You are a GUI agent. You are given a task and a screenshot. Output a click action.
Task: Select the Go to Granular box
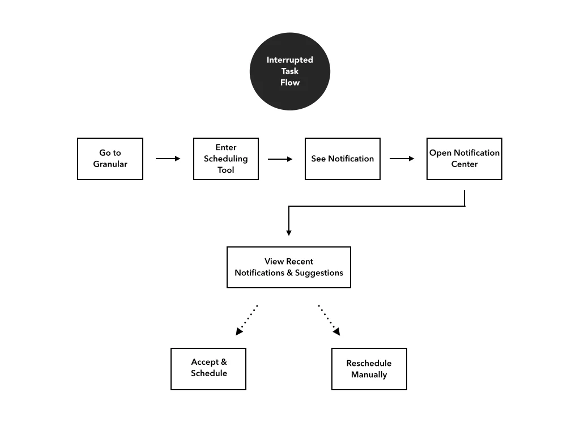click(x=110, y=159)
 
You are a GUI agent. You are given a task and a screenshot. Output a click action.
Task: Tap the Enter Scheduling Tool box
click(x=225, y=159)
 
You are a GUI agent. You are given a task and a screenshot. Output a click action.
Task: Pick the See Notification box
click(x=342, y=159)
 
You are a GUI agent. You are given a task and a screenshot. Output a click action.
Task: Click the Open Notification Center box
click(x=464, y=159)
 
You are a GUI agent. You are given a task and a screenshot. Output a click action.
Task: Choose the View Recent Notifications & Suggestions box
click(x=288, y=267)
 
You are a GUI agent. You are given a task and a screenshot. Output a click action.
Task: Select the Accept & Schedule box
click(x=208, y=369)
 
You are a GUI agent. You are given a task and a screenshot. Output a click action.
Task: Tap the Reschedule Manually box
click(x=369, y=369)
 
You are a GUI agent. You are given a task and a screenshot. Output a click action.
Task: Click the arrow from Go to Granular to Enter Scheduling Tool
click(x=168, y=159)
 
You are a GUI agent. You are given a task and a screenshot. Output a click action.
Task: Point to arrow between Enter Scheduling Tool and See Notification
click(x=280, y=159)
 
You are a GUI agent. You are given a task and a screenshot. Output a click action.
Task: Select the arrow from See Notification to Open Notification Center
click(x=402, y=159)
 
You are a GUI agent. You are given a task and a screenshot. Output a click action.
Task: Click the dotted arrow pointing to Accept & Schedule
click(x=247, y=319)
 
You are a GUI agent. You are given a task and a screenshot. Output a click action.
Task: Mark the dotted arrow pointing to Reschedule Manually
click(x=329, y=319)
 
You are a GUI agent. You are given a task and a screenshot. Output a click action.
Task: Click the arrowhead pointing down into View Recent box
click(x=289, y=232)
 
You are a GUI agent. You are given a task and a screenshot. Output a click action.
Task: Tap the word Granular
click(x=110, y=164)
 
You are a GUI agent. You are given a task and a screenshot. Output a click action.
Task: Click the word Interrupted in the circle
click(x=289, y=60)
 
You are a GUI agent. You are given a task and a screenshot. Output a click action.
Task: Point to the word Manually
click(x=369, y=374)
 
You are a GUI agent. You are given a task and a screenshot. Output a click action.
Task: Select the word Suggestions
click(x=319, y=273)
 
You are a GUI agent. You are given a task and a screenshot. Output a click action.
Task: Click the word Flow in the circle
click(x=289, y=83)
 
